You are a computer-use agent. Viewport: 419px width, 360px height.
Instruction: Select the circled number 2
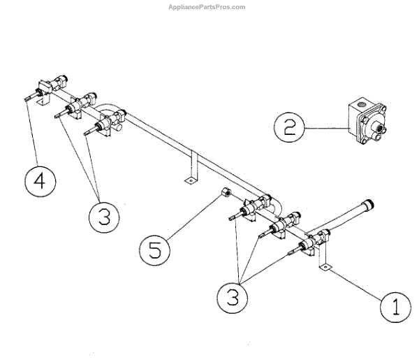pos(288,128)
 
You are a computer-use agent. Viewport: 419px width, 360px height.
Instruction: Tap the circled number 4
pos(39,180)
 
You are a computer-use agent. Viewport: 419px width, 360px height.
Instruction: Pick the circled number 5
pos(154,247)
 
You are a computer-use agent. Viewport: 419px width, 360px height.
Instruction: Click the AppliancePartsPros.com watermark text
pos(207,7)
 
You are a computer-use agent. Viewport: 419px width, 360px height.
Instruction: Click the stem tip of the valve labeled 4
pos(26,100)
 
